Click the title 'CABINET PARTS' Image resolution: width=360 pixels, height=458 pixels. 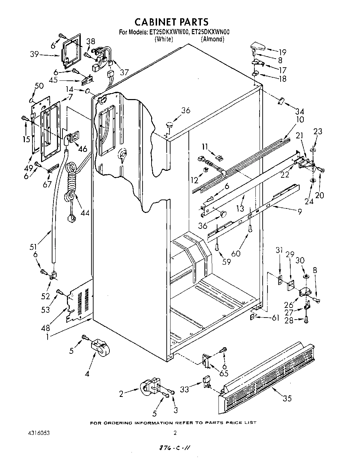(x=171, y=22)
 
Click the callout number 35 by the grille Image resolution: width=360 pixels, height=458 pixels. (x=287, y=398)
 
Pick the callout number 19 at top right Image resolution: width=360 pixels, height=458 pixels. (x=282, y=52)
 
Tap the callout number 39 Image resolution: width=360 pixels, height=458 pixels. (x=34, y=54)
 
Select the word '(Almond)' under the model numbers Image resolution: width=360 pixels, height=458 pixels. (x=213, y=39)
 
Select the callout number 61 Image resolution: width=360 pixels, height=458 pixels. (x=275, y=318)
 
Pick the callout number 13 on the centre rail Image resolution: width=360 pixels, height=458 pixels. (x=240, y=208)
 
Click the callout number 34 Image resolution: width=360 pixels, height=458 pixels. (x=300, y=111)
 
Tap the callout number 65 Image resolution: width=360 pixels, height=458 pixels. (x=224, y=373)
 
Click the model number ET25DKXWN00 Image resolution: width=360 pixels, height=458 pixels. (x=210, y=32)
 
